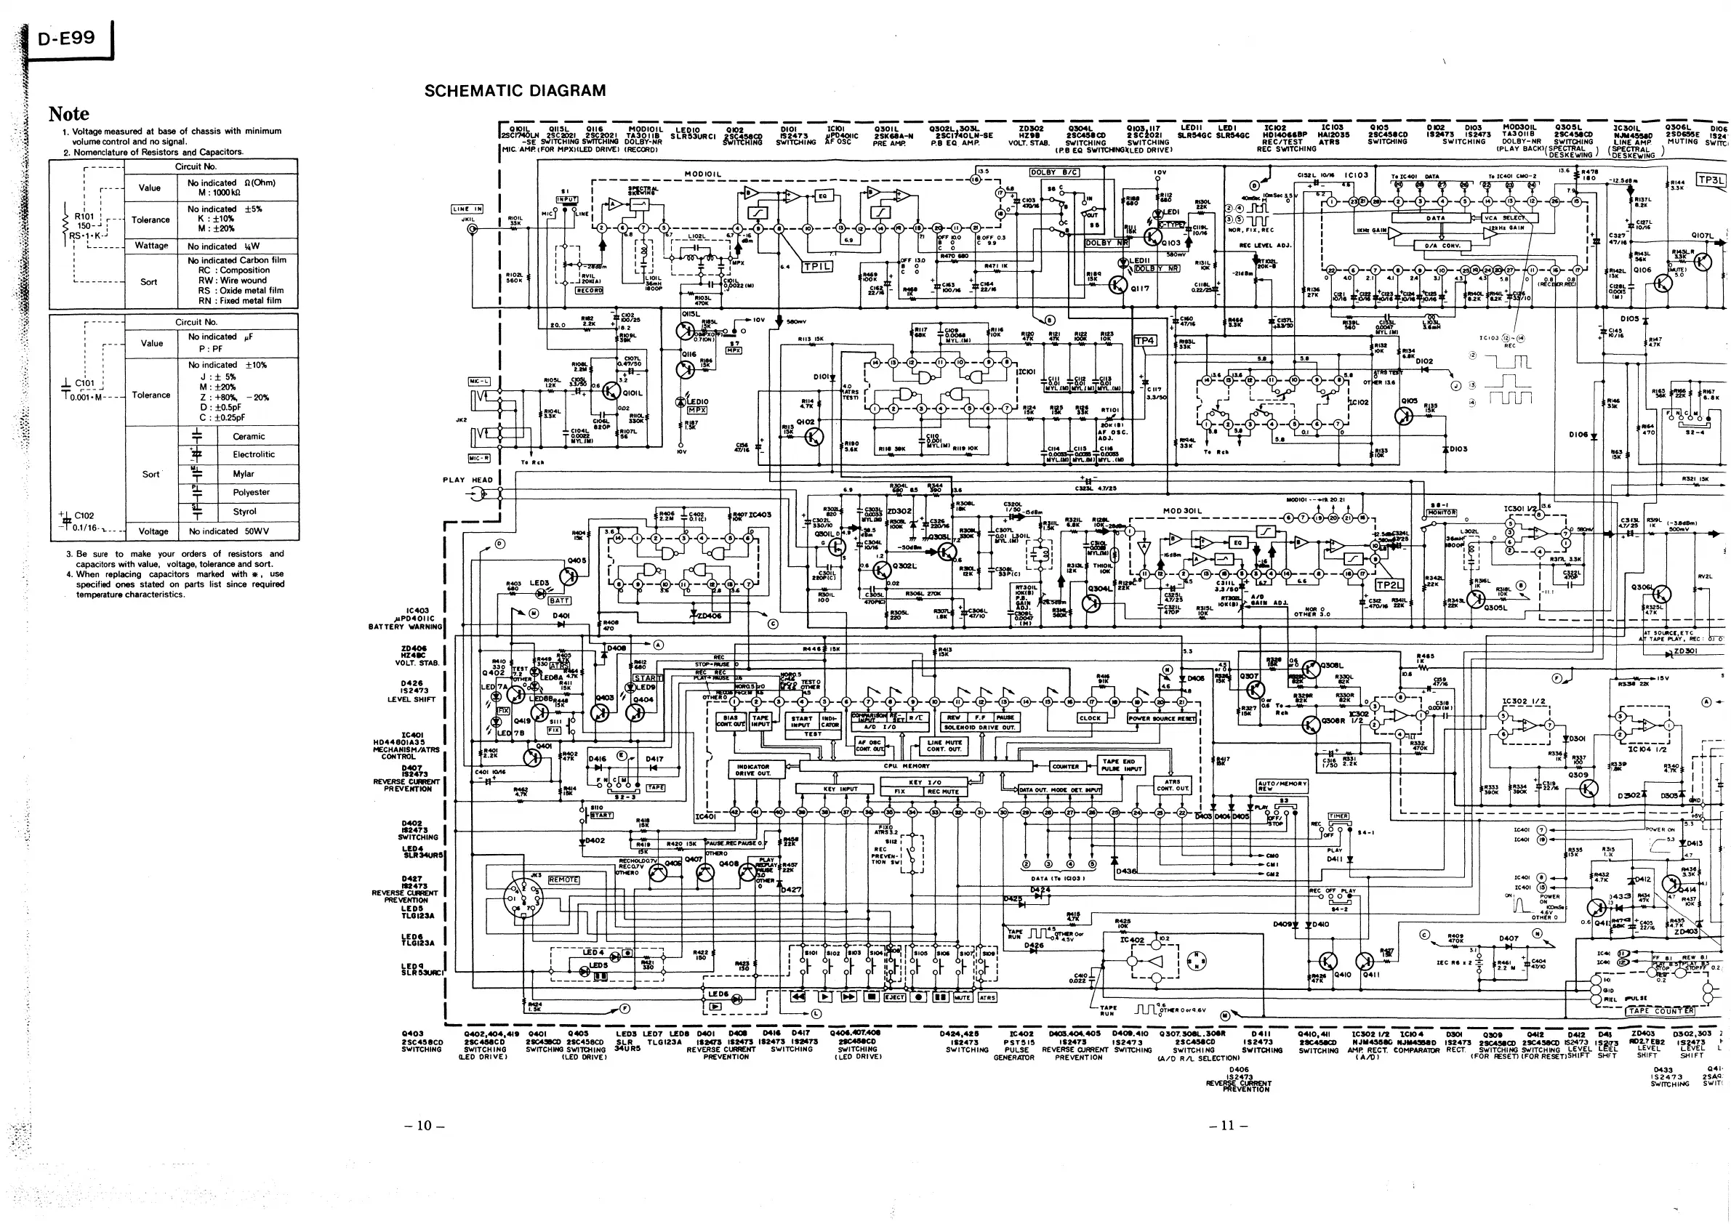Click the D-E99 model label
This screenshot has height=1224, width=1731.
point(66,39)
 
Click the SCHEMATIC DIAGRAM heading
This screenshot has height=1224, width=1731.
point(515,91)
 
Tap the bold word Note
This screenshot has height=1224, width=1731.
point(68,114)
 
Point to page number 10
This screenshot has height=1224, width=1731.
point(425,1125)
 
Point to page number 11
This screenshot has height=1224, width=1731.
point(1228,1125)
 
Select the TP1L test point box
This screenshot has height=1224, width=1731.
point(817,267)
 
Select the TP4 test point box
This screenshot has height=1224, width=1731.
point(1144,341)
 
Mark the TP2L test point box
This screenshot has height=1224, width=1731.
point(1389,585)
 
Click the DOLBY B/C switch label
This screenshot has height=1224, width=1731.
point(1054,172)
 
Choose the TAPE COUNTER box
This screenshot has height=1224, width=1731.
point(1659,1012)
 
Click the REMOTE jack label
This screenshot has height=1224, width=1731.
point(563,879)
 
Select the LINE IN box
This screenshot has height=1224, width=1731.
point(467,209)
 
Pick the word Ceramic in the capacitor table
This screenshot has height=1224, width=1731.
point(249,436)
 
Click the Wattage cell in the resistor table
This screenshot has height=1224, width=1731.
point(150,246)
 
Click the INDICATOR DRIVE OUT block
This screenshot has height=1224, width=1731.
point(753,770)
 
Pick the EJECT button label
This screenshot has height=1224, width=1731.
point(894,997)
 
